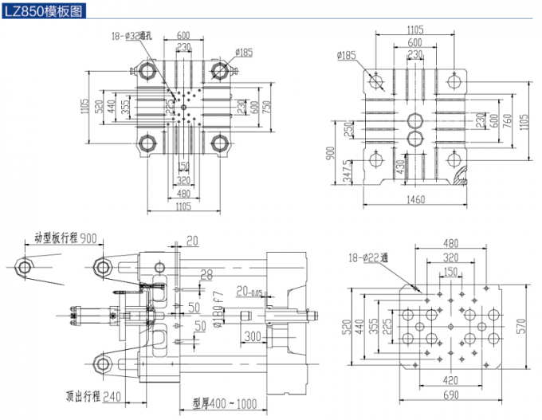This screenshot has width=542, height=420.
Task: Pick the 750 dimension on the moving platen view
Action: (x=267, y=106)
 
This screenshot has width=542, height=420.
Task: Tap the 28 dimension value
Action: (x=206, y=275)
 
